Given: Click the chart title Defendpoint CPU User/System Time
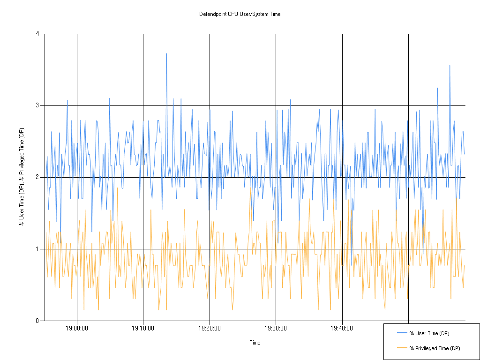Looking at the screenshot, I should tap(240, 14).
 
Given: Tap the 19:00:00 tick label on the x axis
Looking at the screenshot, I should tap(77, 328).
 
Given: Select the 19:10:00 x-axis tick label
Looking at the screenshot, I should tap(143, 328).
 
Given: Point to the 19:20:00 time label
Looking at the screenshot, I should tap(210, 328).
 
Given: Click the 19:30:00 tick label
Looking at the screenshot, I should tap(276, 328).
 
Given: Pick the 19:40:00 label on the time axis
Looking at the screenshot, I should tap(342, 328).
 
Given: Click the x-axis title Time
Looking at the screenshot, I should tap(255, 343).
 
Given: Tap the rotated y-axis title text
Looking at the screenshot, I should tap(22, 177).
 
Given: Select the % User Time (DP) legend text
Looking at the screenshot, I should tap(429, 333).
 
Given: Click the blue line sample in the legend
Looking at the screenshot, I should tap(403, 333).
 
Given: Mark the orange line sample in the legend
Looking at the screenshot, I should tap(403, 348).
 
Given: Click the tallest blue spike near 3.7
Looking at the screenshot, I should tap(166, 54).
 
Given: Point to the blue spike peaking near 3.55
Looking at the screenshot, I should tap(450, 66).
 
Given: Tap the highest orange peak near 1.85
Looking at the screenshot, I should tap(117, 188).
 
